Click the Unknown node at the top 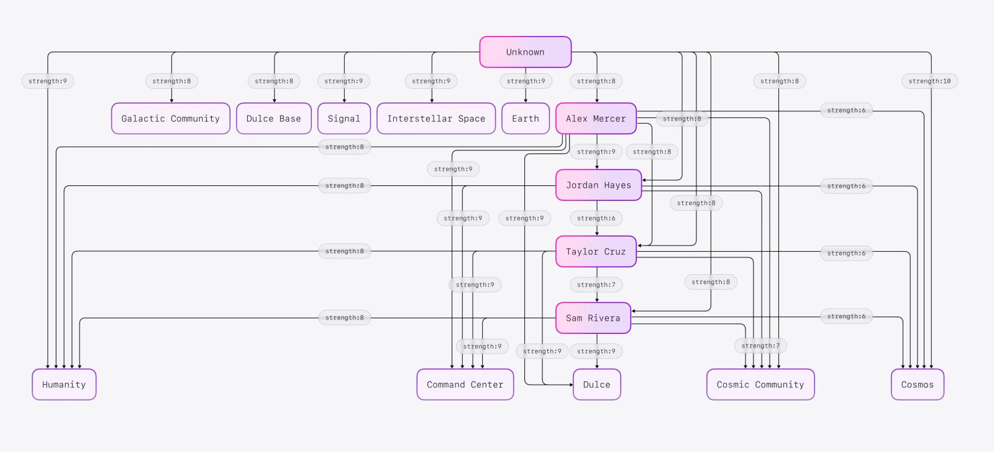[x=525, y=52]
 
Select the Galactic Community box [x=170, y=119]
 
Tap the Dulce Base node [x=273, y=119]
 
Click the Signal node [x=344, y=119]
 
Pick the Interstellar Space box [x=435, y=119]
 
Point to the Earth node [x=525, y=119]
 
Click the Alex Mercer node [x=595, y=119]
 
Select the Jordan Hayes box [x=598, y=185]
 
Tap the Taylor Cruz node [x=595, y=252]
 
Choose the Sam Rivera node [x=593, y=318]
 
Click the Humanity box [x=64, y=385]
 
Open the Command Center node [x=465, y=385]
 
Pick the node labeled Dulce [x=596, y=385]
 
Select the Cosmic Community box [x=760, y=385]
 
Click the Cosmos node [x=917, y=385]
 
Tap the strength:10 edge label [x=929, y=81]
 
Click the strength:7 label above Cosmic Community [x=760, y=346]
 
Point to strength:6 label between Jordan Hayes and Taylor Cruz [x=596, y=218]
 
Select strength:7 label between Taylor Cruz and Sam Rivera [x=596, y=285]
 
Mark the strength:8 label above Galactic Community [x=171, y=81]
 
